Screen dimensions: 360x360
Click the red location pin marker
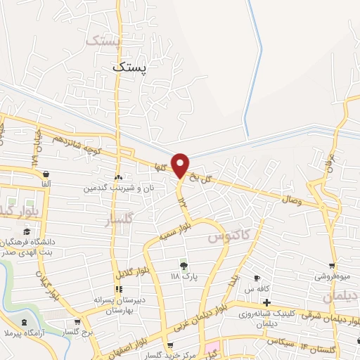click(x=181, y=165)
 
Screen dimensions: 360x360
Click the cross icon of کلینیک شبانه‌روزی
click(x=266, y=302)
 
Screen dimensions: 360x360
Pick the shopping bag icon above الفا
click(x=46, y=174)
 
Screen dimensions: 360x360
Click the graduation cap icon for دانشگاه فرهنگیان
click(x=27, y=231)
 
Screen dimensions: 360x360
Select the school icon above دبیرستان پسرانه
click(x=119, y=289)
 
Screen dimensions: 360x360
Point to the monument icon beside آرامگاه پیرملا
click(x=26, y=323)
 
